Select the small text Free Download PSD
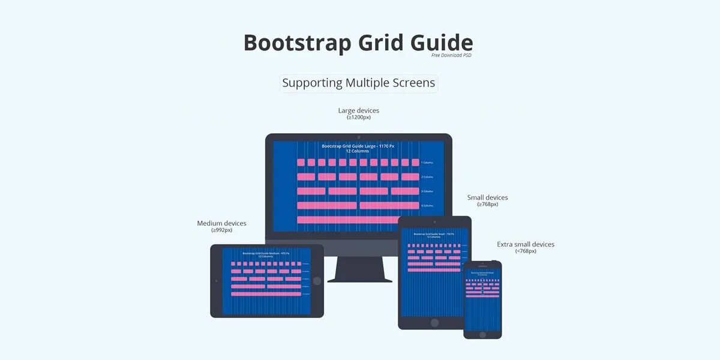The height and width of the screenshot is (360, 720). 451,55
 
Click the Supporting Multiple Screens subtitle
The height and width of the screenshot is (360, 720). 359,83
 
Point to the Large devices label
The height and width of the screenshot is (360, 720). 359,110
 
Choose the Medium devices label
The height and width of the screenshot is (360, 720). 221,223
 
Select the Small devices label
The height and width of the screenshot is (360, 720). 487,197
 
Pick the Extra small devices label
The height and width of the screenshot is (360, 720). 526,244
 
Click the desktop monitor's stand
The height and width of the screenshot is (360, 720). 359,269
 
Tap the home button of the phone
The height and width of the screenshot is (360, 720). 482,334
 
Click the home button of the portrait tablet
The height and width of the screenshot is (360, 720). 434,322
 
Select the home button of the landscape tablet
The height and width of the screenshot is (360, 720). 317,281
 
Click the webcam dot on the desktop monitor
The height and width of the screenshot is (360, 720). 359,137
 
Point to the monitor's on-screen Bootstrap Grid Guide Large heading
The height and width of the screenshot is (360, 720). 358,146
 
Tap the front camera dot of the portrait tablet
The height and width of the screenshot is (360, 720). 434,222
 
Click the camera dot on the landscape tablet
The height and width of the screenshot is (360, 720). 217,280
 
